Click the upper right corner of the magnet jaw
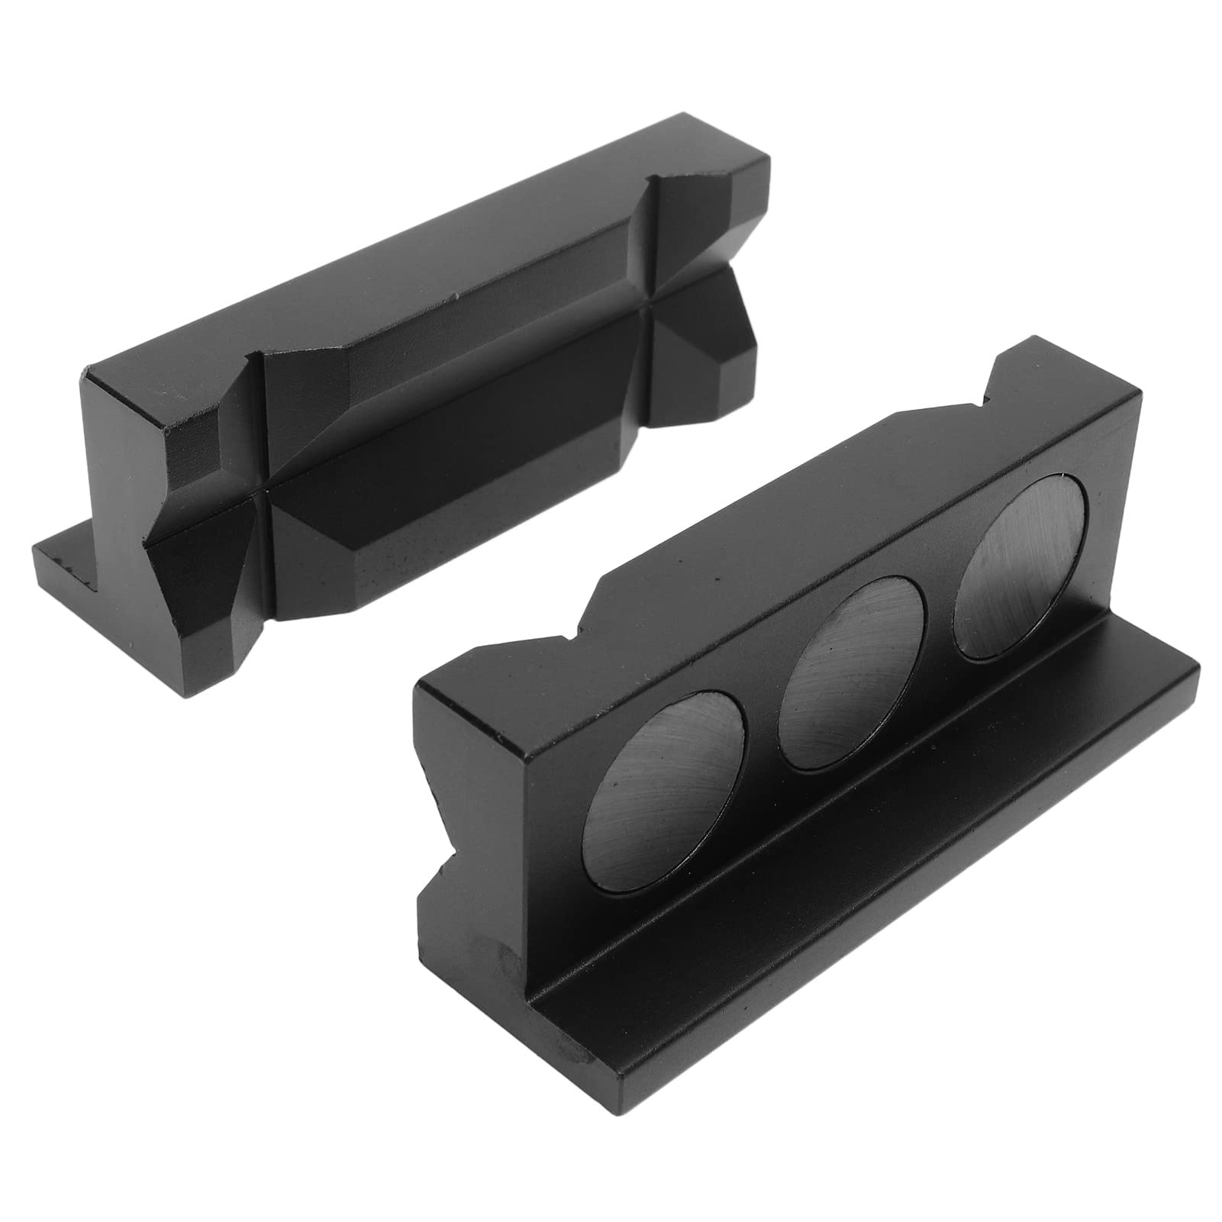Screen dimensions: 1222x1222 click(1137, 397)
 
